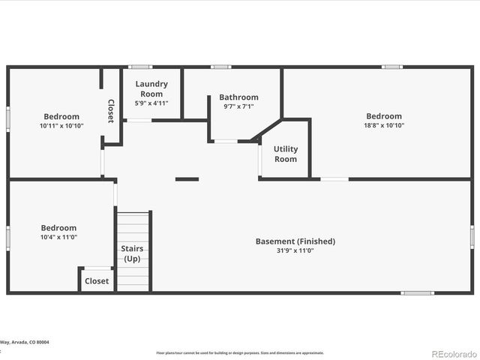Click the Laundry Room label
pos(151,88)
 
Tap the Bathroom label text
pos(238,97)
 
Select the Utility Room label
pos(285,154)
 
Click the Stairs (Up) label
pos(132,253)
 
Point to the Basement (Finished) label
pos(295,241)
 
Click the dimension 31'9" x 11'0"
pos(295,250)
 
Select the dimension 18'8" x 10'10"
pos(384,125)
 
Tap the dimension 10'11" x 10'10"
pos(61,125)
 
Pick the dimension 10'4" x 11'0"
pos(58,237)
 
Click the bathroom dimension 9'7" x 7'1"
pos(238,106)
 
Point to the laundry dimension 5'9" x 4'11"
pos(151,103)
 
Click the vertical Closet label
pos(111,111)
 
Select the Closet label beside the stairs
pos(97,281)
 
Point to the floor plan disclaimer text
pos(240,352)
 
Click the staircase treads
pos(133,225)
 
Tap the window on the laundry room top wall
pos(140,67)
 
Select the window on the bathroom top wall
pos(220,67)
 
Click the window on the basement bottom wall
pos(417,292)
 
